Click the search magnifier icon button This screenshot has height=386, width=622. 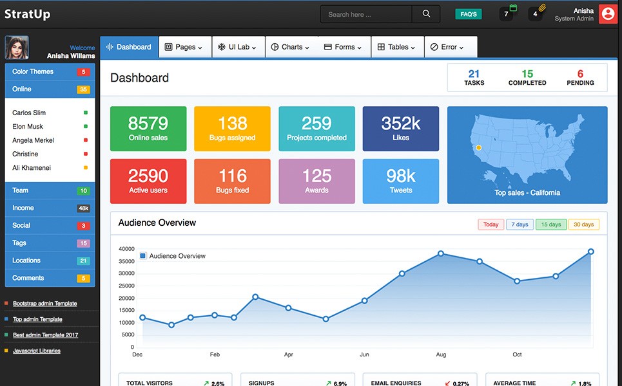click(x=426, y=14)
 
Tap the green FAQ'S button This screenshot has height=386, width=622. click(x=469, y=14)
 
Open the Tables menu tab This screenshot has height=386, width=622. click(x=397, y=47)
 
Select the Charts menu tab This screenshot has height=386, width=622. click(x=290, y=47)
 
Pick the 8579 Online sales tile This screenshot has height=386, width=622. click(x=148, y=129)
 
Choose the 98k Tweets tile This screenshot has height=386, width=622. click(x=400, y=181)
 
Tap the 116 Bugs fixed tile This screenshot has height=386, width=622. click(x=232, y=181)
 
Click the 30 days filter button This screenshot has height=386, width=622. click(x=583, y=225)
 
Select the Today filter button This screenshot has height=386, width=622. click(x=491, y=225)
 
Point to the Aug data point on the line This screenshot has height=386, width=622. click(x=441, y=253)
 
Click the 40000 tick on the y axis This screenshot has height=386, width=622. click(x=127, y=249)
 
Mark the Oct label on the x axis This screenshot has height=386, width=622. click(x=517, y=354)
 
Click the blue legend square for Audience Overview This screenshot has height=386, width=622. click(x=143, y=256)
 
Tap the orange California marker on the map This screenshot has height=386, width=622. click(x=478, y=148)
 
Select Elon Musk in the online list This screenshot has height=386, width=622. click(x=28, y=127)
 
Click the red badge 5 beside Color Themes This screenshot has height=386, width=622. click(x=83, y=72)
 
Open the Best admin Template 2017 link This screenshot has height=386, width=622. click(x=45, y=335)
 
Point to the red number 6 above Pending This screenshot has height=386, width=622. click(x=580, y=74)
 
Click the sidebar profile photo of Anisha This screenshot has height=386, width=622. click(x=17, y=48)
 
